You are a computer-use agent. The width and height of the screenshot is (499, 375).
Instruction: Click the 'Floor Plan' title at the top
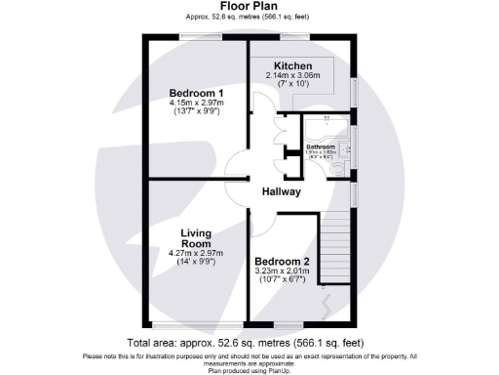tap(249, 6)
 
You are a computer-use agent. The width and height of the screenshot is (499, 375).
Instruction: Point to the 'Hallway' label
tap(281, 192)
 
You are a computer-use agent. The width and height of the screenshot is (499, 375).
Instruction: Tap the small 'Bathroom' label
tap(321, 146)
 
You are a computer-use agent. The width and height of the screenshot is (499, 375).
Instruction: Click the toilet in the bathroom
tap(338, 170)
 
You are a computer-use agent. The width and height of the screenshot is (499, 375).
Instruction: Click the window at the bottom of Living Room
tap(192, 325)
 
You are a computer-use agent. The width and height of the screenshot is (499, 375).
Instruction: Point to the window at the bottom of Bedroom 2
tap(282, 325)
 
